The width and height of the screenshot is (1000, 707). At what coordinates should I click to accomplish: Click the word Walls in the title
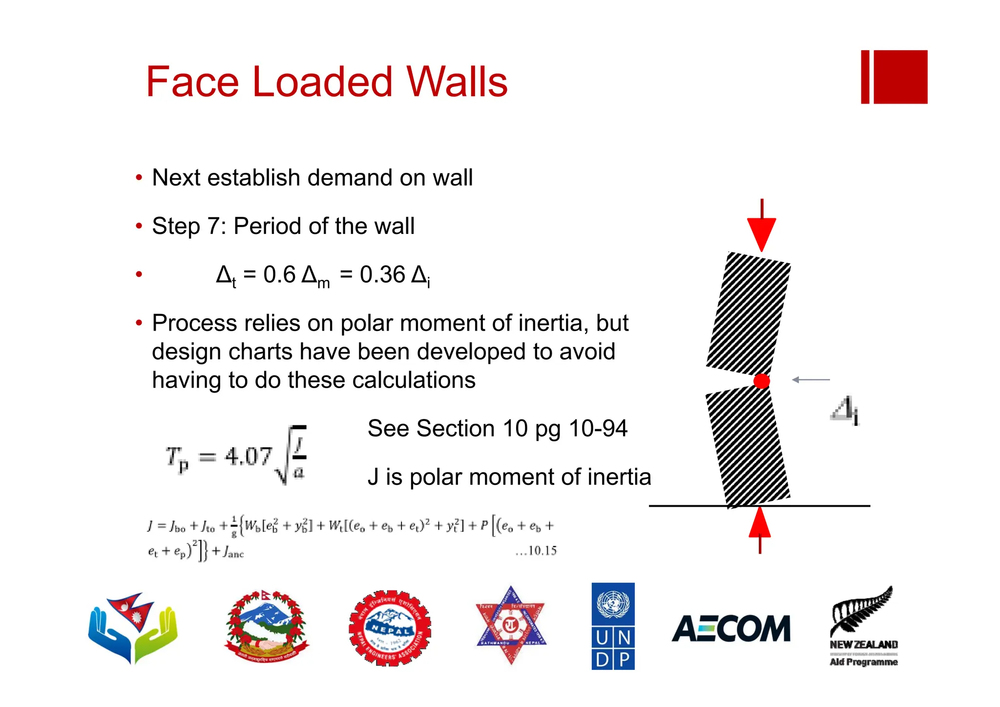pyautogui.click(x=457, y=82)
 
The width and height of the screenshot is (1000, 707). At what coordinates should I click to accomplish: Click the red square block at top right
pyautogui.click(x=900, y=77)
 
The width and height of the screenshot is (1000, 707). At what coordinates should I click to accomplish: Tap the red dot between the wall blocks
pyautogui.click(x=761, y=381)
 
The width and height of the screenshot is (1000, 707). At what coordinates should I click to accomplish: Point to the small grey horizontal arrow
pyautogui.click(x=811, y=379)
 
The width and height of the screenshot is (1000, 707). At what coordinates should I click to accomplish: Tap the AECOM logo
pyautogui.click(x=731, y=628)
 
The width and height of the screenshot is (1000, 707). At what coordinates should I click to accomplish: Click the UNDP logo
pyautogui.click(x=613, y=626)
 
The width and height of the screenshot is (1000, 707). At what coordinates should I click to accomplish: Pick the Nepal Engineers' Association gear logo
pyautogui.click(x=390, y=628)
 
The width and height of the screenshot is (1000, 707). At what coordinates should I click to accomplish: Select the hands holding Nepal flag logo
pyautogui.click(x=133, y=627)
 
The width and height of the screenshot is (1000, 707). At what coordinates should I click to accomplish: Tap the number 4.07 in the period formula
pyautogui.click(x=248, y=457)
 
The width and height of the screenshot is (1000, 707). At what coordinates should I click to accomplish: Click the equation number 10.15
pyautogui.click(x=542, y=551)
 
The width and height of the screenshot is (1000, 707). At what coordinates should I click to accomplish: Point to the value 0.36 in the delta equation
pyautogui.click(x=382, y=275)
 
